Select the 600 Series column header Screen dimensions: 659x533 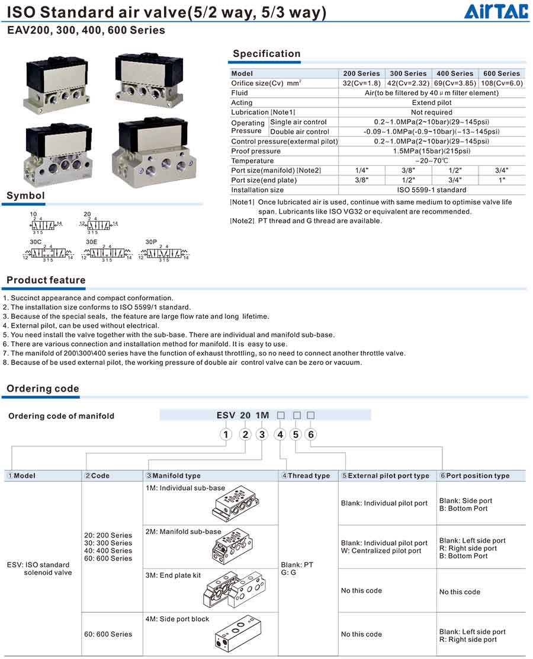tap(501, 73)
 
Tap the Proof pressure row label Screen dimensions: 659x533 tap(256, 151)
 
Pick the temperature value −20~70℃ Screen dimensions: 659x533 tap(431, 161)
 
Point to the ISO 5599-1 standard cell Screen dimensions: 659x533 tap(431, 190)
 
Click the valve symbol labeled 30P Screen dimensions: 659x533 tap(163, 253)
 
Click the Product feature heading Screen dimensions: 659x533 tap(46, 280)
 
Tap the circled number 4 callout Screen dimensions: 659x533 tap(280, 435)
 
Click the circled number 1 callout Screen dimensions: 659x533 tap(225, 435)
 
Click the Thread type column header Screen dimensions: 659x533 tap(306, 476)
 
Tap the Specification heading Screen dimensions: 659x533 tap(266, 54)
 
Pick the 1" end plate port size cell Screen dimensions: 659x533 tap(501, 180)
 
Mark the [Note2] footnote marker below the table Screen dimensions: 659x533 tap(242, 221)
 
